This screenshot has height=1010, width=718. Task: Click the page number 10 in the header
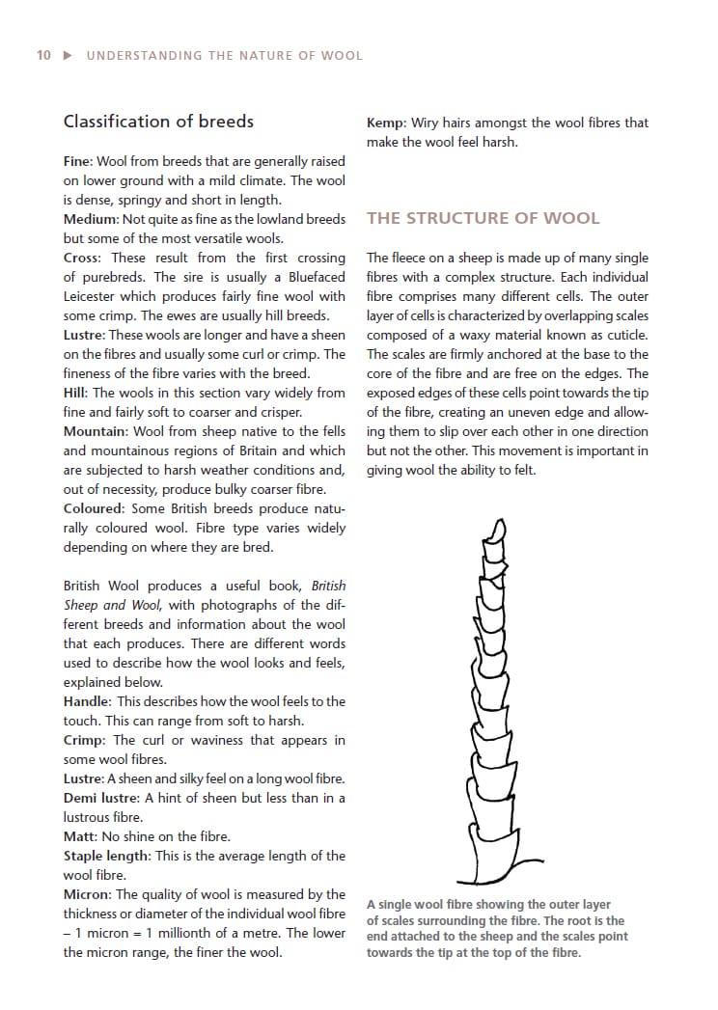[x=43, y=56]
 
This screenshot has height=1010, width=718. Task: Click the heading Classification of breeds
[x=158, y=122]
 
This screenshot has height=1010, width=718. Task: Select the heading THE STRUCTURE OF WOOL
[x=483, y=218]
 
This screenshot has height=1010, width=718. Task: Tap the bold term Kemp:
[x=386, y=123]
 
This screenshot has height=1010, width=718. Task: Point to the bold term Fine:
[x=79, y=161]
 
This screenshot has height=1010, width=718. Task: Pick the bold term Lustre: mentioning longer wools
[x=84, y=335]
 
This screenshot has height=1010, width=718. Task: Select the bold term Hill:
[x=75, y=393]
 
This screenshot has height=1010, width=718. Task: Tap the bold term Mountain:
[x=96, y=431]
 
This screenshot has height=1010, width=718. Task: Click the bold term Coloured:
[x=95, y=508]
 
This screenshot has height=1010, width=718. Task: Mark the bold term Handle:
[x=87, y=701]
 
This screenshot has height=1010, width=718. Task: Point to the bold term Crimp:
[x=85, y=740]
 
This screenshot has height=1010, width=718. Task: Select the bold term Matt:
[x=80, y=836]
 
